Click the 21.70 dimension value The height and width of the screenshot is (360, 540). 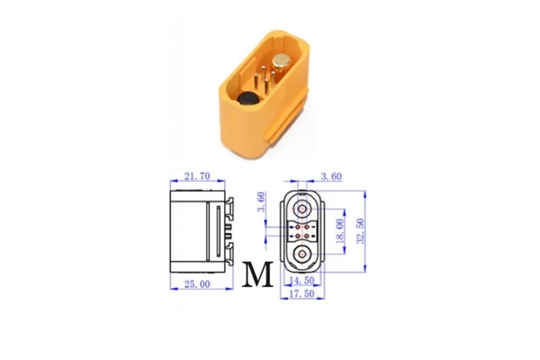[197, 176]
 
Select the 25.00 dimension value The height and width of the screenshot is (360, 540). [197, 284]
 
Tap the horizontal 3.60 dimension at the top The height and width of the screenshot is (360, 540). [331, 176]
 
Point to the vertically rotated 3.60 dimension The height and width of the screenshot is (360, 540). [262, 202]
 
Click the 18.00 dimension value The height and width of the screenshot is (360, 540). [339, 230]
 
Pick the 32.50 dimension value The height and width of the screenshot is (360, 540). [361, 230]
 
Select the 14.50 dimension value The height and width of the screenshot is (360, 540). [302, 281]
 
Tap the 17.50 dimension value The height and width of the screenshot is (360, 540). [302, 293]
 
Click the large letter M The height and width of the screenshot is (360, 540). [257, 274]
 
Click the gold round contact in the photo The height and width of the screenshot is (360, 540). [282, 62]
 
